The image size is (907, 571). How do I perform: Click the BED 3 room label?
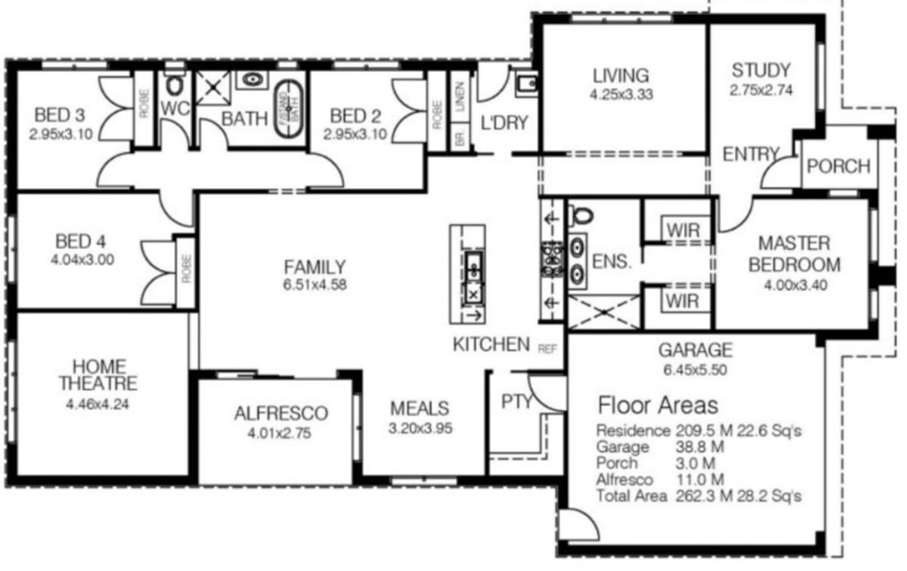click(x=59, y=116)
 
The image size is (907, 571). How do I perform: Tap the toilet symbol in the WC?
click(x=175, y=83)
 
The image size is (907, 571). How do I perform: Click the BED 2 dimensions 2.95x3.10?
click(x=355, y=134)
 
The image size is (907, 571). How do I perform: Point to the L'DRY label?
click(x=504, y=122)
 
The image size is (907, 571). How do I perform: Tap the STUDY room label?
click(x=760, y=71)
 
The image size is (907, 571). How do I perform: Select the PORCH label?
click(x=838, y=165)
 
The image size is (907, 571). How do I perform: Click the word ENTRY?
click(x=751, y=154)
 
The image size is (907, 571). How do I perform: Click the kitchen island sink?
click(x=474, y=264)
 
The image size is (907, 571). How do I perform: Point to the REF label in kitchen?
click(x=546, y=349)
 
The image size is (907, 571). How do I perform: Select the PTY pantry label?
click(x=517, y=401)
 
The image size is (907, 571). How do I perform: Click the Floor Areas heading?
click(x=658, y=405)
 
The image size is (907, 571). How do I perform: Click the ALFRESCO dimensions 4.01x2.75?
click(x=280, y=434)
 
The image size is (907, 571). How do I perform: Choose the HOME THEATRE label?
click(x=98, y=375)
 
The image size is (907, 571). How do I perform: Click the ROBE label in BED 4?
click(x=185, y=269)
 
